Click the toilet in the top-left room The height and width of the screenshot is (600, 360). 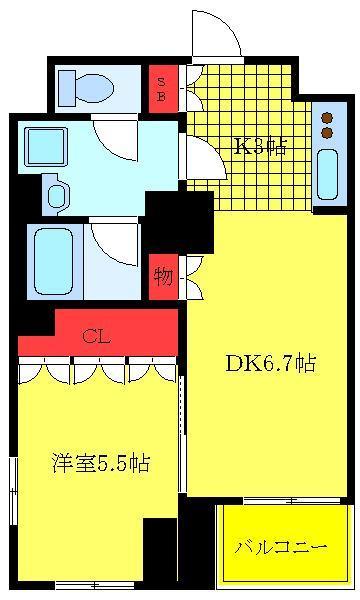[x=86, y=88]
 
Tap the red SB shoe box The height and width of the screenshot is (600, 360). [x=163, y=89]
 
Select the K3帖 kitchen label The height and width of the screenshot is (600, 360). [x=260, y=146]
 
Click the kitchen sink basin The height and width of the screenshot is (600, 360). [x=327, y=174]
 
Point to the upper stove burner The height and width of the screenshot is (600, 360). [x=327, y=117]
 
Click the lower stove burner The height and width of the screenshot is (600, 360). [x=327, y=132]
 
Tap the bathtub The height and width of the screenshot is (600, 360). [x=53, y=262]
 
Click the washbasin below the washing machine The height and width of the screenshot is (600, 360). [x=57, y=194]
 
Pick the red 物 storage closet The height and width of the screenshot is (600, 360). [x=163, y=277]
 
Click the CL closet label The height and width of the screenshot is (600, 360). [x=96, y=337]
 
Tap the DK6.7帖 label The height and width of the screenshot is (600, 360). [x=271, y=364]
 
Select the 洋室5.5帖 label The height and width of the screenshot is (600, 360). [x=101, y=463]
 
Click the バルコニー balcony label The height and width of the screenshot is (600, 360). [x=281, y=547]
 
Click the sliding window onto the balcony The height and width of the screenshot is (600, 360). [x=292, y=501]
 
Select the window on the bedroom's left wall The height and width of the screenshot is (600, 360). [x=14, y=491]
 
